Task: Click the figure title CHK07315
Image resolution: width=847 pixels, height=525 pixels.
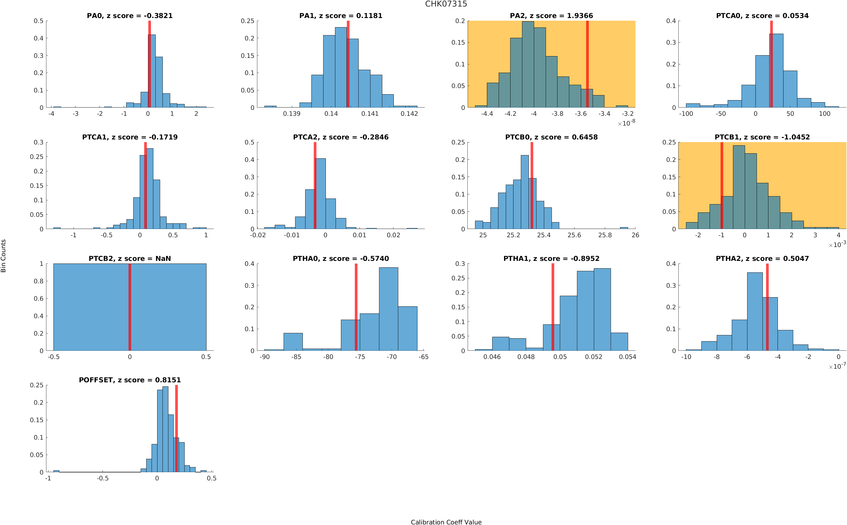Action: (446, 4)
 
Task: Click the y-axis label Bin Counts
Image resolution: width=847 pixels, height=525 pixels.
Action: (4, 256)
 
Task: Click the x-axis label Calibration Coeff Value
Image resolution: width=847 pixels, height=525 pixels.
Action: (446, 521)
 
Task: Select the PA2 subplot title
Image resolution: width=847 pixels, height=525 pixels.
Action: (551, 16)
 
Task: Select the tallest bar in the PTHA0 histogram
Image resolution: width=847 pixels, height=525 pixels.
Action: (388, 309)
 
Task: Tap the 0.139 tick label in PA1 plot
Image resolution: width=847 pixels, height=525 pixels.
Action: (291, 113)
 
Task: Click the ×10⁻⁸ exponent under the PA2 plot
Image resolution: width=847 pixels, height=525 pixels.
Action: (626, 123)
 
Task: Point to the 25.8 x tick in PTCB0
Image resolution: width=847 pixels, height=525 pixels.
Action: (604, 235)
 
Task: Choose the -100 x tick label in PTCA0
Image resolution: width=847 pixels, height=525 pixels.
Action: (686, 113)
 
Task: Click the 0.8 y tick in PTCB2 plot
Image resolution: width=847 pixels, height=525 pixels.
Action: (39, 281)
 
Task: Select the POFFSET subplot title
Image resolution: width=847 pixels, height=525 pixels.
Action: (129, 380)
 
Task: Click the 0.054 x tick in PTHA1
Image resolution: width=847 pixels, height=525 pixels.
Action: (627, 357)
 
